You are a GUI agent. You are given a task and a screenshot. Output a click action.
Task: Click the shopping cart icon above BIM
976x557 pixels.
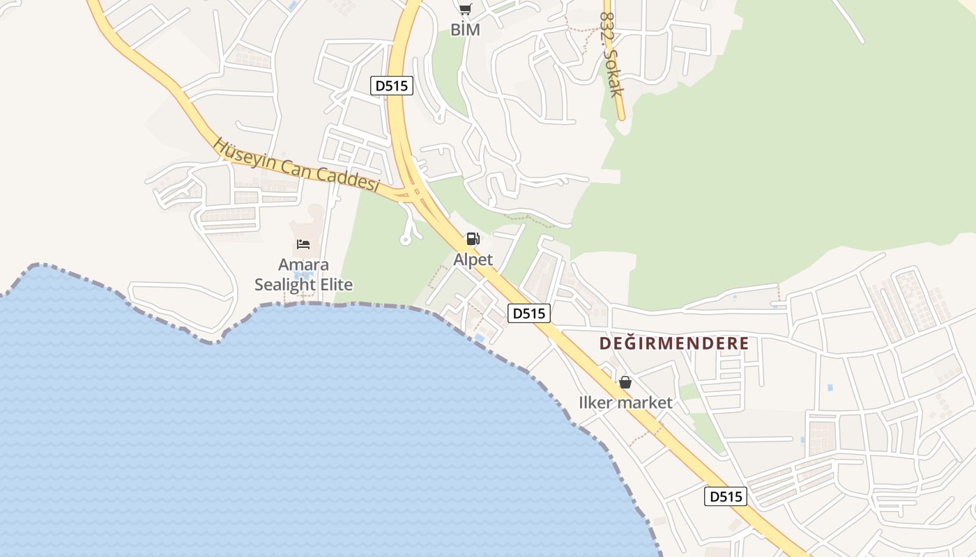tap(465, 9)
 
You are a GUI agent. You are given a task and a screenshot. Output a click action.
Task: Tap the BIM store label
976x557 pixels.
tap(465, 30)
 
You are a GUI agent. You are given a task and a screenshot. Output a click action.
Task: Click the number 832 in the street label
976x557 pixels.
tap(607, 26)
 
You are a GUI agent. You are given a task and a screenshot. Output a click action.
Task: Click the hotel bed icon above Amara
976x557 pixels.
tap(303, 244)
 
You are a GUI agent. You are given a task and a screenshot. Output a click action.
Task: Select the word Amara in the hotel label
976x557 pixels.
tap(303, 265)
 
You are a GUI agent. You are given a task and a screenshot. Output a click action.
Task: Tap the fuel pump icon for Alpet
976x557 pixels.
tap(473, 239)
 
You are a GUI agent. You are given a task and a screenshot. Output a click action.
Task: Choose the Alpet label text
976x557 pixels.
tap(473, 260)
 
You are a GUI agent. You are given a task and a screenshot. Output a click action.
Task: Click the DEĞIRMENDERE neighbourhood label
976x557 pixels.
tap(674, 343)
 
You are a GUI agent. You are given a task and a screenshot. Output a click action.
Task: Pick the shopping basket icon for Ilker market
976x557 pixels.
tap(625, 382)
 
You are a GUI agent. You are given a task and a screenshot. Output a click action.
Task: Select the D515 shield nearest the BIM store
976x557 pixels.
tap(392, 86)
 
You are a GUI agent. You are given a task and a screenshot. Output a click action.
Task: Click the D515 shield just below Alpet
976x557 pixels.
tap(528, 313)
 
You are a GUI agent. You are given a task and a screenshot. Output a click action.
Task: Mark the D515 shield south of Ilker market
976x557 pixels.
tap(726, 496)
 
